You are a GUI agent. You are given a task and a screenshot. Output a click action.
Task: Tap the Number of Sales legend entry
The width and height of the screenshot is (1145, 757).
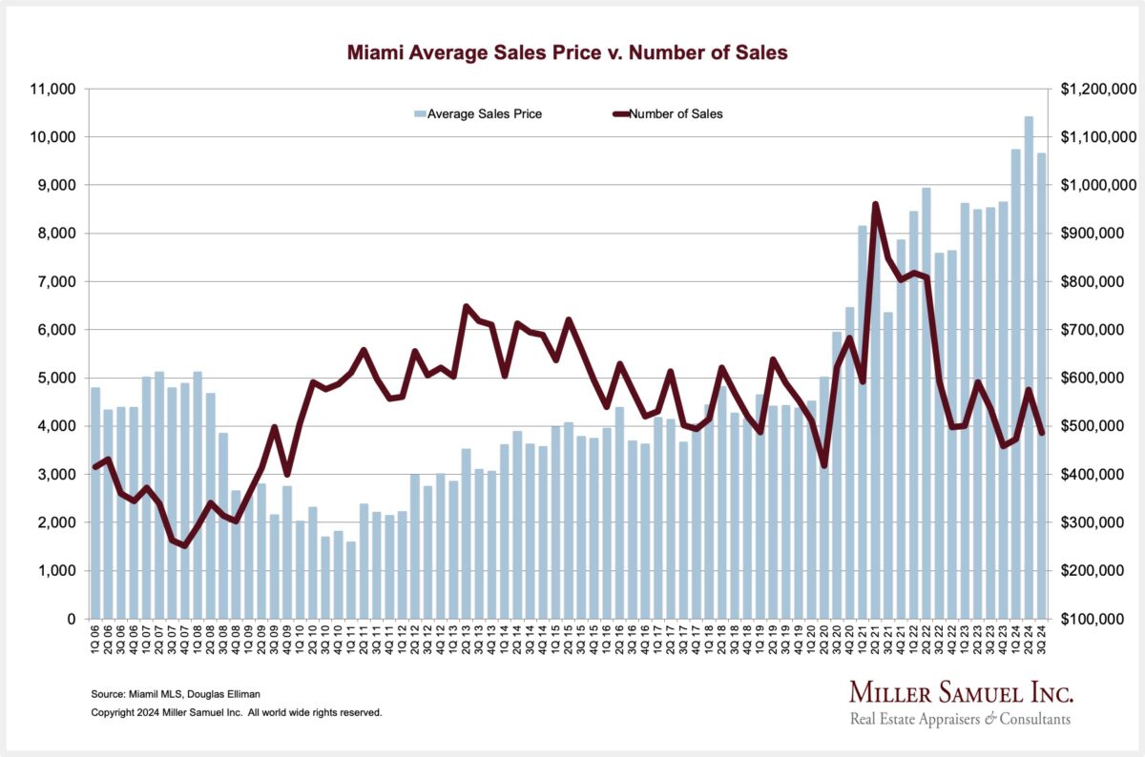[x=668, y=114]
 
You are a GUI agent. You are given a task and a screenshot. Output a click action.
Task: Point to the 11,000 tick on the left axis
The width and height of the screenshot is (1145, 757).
[x=55, y=89]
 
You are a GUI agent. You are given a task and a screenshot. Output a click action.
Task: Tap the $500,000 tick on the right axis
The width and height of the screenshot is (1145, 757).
[x=1101, y=426]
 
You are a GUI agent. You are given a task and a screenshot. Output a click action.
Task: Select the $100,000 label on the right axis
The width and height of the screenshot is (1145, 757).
[x=1101, y=619]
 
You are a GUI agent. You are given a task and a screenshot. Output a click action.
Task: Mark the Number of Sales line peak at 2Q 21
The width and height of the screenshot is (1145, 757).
[x=875, y=204]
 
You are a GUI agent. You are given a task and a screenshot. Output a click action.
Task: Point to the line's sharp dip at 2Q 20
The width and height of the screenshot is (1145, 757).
[x=824, y=465]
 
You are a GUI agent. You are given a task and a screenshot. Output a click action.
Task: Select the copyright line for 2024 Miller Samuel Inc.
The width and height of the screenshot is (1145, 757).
[x=236, y=712]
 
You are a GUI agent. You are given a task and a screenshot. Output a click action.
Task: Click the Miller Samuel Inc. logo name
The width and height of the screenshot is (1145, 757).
[x=961, y=693]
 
